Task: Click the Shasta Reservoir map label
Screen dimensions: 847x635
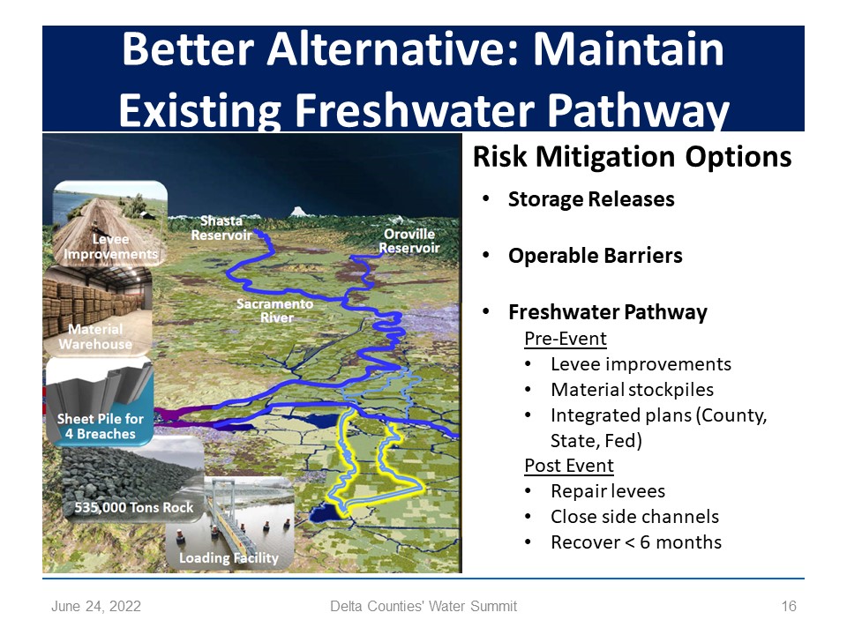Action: (221, 228)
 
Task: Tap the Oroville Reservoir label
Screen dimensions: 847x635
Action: (409, 241)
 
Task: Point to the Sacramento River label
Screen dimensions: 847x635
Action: (275, 310)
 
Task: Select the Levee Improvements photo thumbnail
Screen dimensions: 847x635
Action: (110, 223)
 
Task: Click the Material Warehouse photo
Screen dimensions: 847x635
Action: (98, 310)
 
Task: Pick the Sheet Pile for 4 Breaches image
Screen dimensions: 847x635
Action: (100, 401)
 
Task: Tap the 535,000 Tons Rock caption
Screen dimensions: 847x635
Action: (134, 508)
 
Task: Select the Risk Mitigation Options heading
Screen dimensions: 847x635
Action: (632, 157)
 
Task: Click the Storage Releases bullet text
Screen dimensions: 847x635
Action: (591, 199)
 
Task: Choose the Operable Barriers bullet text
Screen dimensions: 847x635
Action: (596, 256)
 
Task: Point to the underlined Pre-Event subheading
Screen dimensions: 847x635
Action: (566, 339)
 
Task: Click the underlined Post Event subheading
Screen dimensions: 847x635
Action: (569, 466)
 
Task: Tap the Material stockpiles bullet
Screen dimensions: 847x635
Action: (632, 389)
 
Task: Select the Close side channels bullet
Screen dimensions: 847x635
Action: (634, 517)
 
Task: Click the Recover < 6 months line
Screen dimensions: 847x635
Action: (636, 542)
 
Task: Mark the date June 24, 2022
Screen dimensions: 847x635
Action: (96, 607)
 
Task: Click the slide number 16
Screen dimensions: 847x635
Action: (789, 607)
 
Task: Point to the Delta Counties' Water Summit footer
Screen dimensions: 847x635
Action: (423, 607)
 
